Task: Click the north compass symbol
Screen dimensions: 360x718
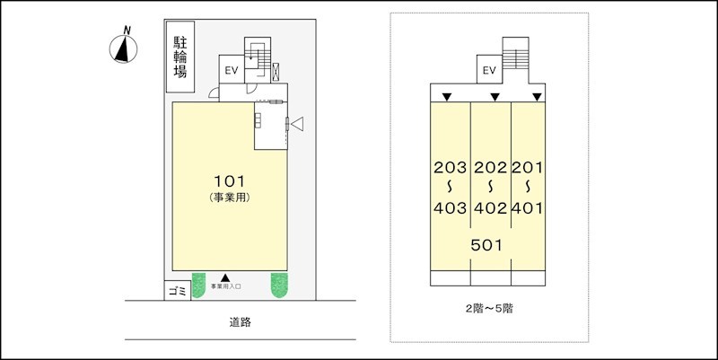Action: (123, 48)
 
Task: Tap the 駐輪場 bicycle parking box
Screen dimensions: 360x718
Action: (180, 57)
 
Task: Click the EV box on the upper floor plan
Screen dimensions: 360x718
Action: (489, 70)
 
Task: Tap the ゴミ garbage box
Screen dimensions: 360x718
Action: (177, 292)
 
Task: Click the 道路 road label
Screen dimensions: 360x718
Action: (239, 321)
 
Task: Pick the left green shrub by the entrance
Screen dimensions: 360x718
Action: (203, 286)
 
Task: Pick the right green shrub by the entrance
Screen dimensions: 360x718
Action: (282, 286)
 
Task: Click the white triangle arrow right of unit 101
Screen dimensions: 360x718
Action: (299, 124)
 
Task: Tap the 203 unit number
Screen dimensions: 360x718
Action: (450, 167)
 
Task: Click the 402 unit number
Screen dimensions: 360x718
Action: (490, 208)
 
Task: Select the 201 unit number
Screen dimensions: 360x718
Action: (529, 167)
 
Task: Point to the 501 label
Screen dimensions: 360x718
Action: (486, 243)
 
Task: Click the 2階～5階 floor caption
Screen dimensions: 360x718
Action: (489, 308)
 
